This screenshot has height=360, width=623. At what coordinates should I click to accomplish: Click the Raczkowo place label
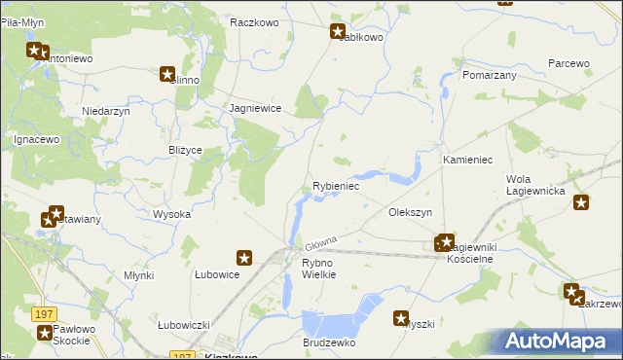pyautogui.click(x=256, y=21)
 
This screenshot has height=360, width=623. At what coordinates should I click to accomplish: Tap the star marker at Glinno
pyautogui.click(x=167, y=74)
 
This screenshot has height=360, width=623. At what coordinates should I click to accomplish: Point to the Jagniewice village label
pyautogui.click(x=255, y=109)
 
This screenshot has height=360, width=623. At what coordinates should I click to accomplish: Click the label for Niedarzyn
pyautogui.click(x=107, y=112)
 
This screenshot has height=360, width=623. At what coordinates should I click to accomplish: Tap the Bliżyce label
pyautogui.click(x=185, y=151)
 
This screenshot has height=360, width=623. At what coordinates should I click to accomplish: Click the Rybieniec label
pyautogui.click(x=336, y=185)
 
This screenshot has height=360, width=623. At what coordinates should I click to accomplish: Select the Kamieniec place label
pyautogui.click(x=469, y=159)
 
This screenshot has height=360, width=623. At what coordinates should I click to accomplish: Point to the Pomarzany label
pyautogui.click(x=489, y=75)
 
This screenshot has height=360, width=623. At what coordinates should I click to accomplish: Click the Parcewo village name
pyautogui.click(x=568, y=63)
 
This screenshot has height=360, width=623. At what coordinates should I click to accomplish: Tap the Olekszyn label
pyautogui.click(x=410, y=212)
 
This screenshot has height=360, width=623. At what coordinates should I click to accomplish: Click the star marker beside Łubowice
pyautogui.click(x=244, y=258)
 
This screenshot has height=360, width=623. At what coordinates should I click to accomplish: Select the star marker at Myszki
pyautogui.click(x=401, y=317)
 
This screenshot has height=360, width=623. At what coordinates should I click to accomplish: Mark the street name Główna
pyautogui.click(x=320, y=241)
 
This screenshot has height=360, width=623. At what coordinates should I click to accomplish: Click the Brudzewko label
pyautogui.click(x=329, y=343)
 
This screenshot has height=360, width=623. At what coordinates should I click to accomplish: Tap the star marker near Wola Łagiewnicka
pyautogui.click(x=581, y=203)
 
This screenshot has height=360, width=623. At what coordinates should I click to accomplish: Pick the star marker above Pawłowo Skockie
pyautogui.click(x=46, y=333)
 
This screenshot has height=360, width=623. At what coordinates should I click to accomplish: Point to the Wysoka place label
pyautogui.click(x=171, y=214)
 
